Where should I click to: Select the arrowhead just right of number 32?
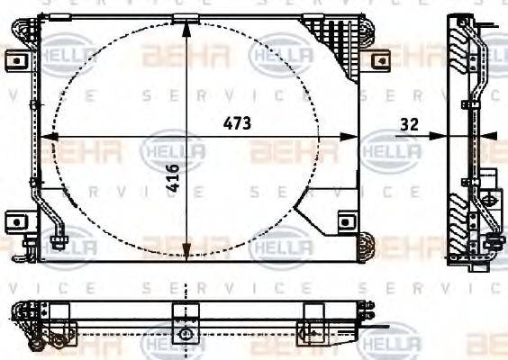coord(439,137)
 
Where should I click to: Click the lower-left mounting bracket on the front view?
coord(15,220)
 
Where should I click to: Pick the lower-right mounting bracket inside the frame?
coord(343,220)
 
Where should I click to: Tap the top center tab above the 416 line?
coord(186,18)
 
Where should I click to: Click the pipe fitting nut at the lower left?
coord(59,241)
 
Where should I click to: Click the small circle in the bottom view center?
coord(186,333)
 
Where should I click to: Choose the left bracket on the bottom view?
coord(59,310)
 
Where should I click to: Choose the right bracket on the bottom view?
coord(314,310)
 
